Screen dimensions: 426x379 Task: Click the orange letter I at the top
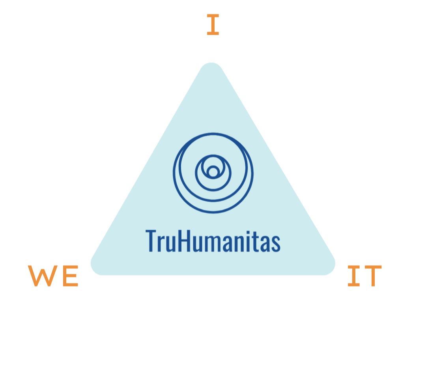[213, 24]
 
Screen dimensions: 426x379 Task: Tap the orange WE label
[53, 276]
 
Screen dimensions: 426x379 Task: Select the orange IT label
[364, 276]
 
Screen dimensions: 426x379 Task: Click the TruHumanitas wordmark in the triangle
[213, 241]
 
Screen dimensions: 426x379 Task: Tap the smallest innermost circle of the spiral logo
[213, 172]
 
